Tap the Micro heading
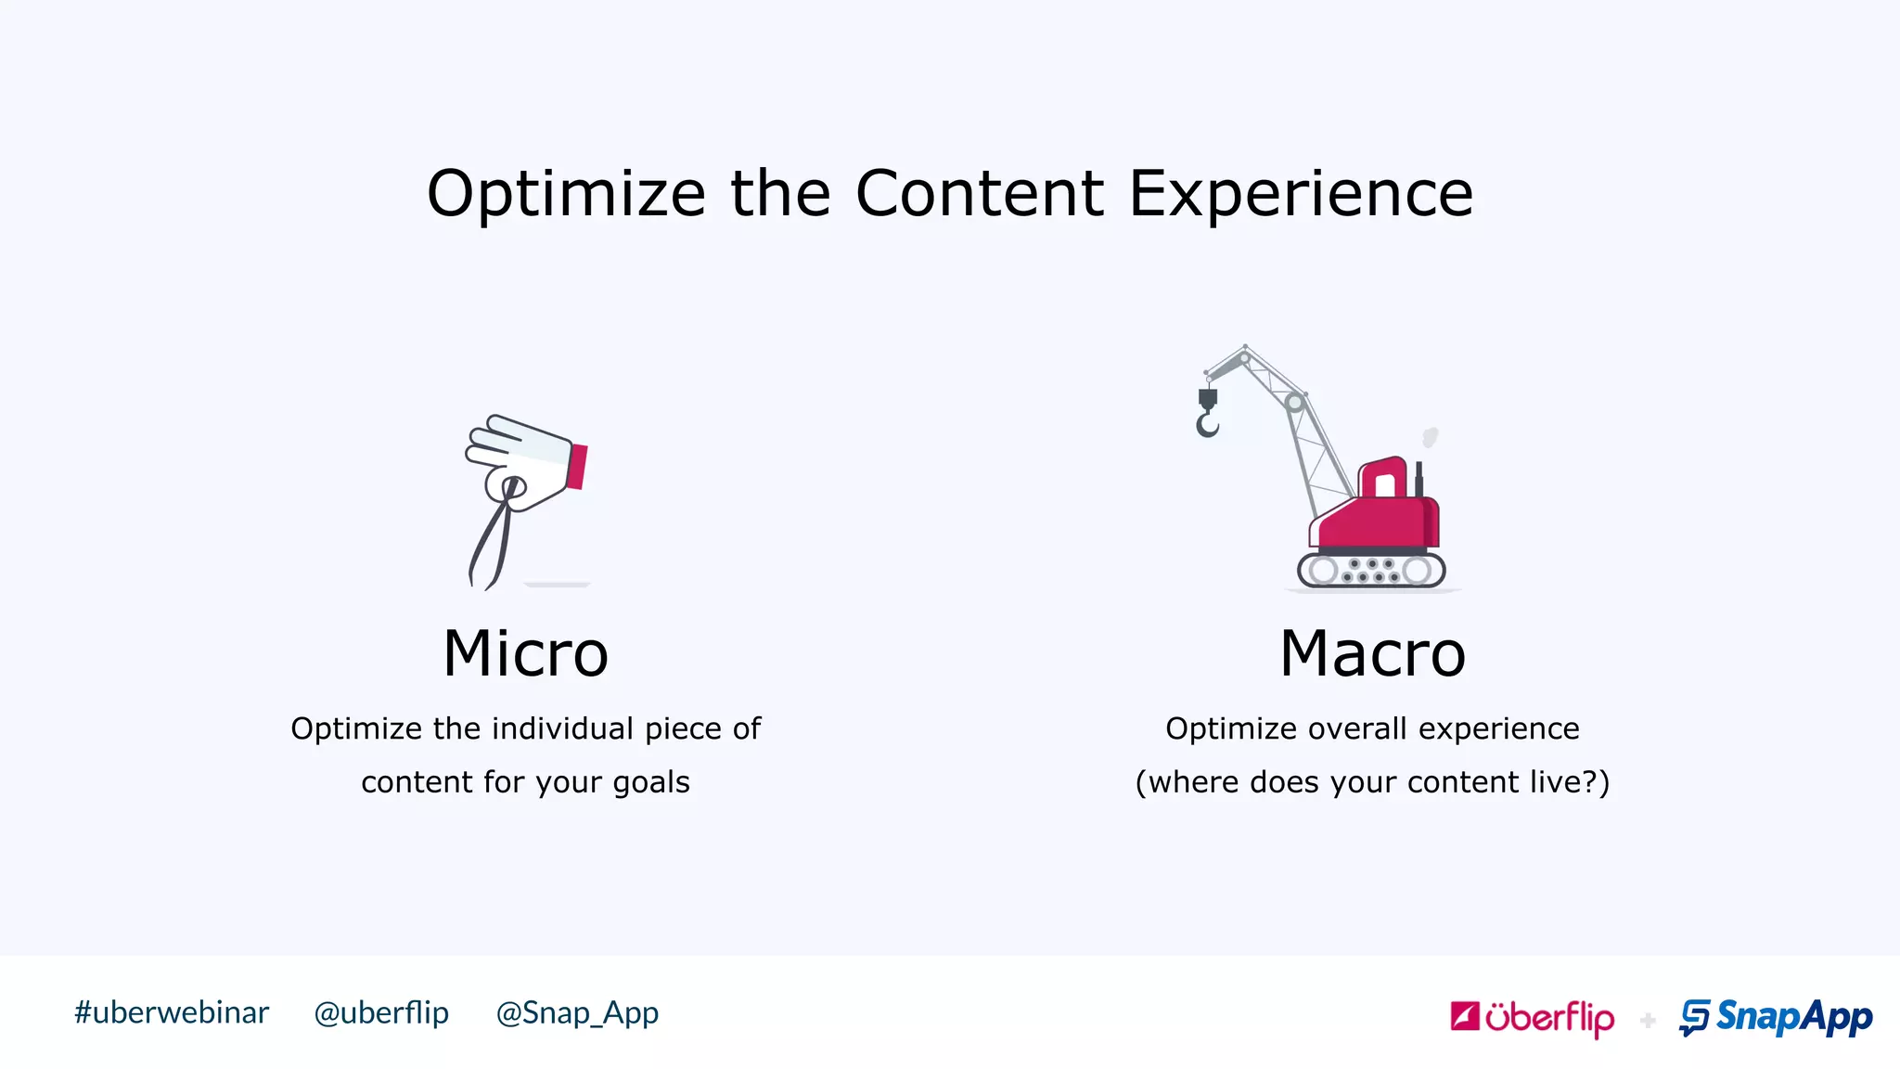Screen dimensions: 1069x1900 525,654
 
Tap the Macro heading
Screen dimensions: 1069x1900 1372,654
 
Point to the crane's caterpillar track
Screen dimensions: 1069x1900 1371,570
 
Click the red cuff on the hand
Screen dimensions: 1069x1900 577,466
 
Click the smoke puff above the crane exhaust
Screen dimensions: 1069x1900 1431,437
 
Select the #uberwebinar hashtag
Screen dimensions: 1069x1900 172,1012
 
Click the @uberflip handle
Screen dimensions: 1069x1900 381,1012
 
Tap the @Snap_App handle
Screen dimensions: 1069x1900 577,1012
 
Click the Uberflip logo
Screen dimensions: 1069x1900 1532,1018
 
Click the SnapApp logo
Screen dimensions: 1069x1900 1776,1017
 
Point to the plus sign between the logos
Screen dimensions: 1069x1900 1648,1021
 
